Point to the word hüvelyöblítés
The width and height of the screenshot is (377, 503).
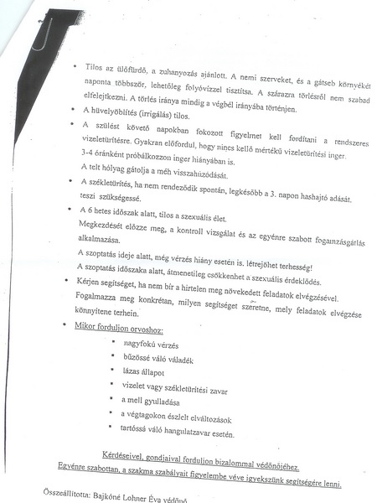[x=118, y=111]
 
